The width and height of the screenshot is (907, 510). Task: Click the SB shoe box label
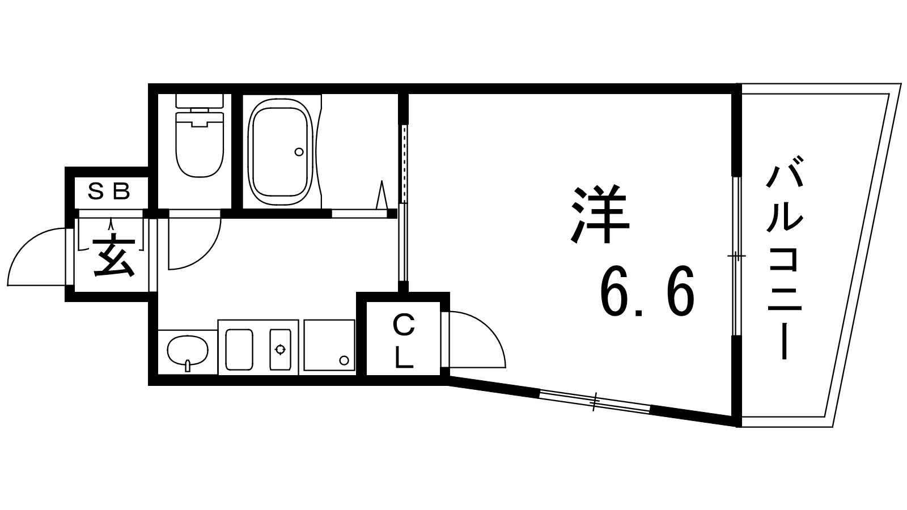coord(109,192)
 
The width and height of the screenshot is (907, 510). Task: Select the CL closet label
coord(404,342)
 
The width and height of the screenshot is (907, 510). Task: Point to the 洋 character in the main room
coord(600,215)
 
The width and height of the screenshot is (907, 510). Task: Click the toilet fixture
coord(200,135)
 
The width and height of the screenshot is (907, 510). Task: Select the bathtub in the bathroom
coord(281,152)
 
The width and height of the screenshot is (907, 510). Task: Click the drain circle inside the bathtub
coord(299,152)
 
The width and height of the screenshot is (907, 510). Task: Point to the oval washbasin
coord(188,351)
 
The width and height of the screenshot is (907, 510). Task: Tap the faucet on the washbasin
coord(188,365)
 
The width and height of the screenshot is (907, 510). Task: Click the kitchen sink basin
coord(239,349)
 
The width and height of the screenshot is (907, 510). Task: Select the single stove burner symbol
coord(280,349)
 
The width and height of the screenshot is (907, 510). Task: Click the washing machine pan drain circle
coord(344,360)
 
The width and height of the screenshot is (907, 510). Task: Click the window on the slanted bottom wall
coord(595,402)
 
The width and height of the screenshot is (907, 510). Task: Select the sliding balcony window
coord(736,256)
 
